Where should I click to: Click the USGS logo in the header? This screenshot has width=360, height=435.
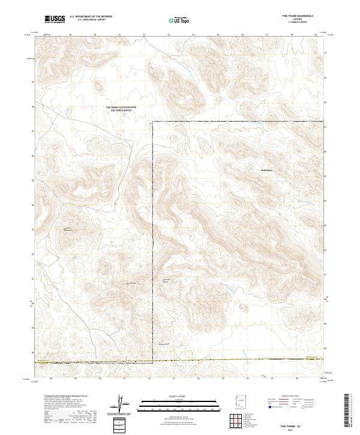(54, 20)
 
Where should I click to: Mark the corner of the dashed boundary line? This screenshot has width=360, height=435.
(153, 122)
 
